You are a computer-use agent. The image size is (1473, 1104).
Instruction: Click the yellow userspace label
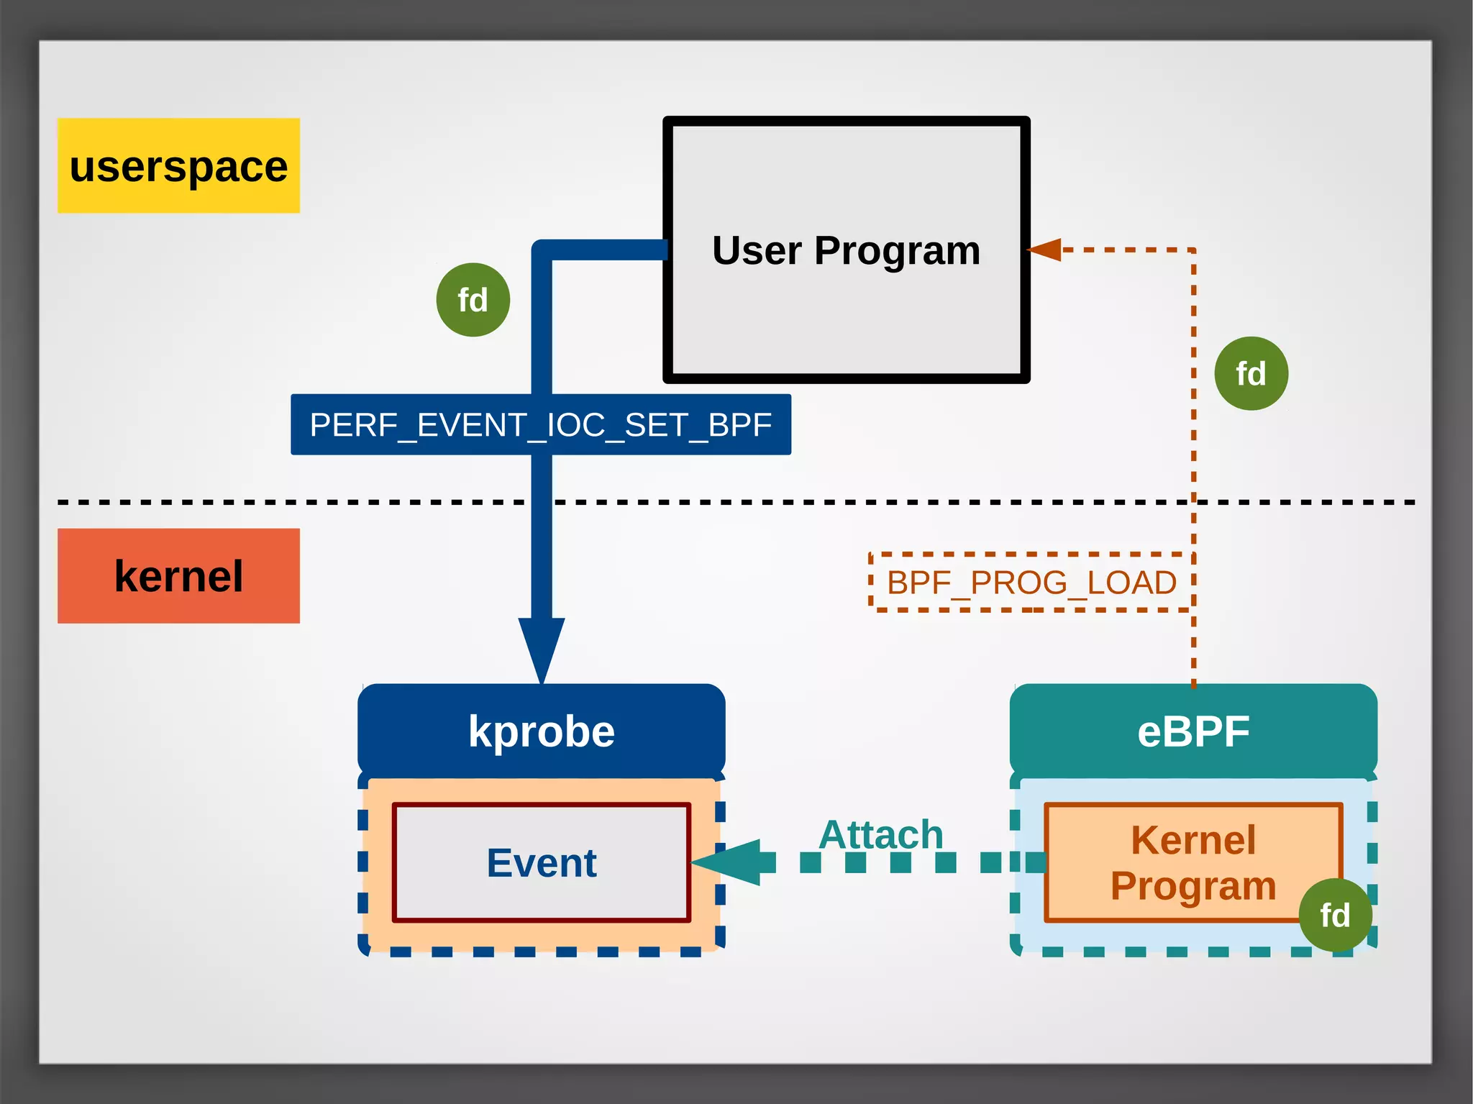178,165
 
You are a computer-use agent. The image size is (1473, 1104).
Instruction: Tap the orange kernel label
178,576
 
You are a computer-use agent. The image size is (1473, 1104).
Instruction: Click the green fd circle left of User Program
473,300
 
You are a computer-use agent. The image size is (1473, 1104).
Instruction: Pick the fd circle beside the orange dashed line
1251,374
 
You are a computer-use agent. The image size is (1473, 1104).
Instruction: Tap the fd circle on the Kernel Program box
1335,916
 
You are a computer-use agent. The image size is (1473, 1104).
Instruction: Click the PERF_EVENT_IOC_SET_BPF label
541,424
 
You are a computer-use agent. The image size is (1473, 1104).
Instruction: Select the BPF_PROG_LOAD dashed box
1031,583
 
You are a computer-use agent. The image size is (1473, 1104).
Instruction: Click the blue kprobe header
541,731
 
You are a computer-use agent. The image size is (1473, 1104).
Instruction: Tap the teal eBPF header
1193,731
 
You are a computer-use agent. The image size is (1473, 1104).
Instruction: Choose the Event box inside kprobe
541,862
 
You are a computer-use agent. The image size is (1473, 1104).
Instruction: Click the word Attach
880,834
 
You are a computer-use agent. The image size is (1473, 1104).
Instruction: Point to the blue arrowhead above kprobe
542,647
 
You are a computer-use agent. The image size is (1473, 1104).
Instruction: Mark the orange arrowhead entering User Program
1045,250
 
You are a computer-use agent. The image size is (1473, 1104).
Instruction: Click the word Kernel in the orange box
1193,840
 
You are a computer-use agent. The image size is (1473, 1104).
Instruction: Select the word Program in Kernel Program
1193,886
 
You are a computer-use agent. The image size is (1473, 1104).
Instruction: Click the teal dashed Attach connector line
899,862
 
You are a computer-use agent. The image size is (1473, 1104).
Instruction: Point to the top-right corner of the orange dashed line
1193,250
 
